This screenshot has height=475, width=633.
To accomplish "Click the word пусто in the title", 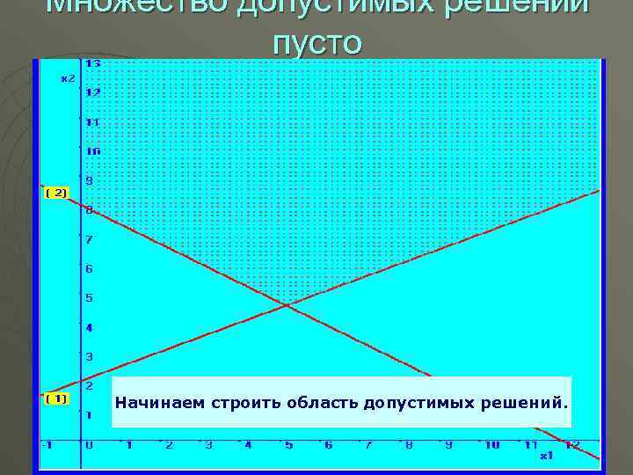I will click(316, 41).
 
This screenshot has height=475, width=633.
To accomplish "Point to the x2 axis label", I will click(67, 78).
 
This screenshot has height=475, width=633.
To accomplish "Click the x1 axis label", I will click(546, 456).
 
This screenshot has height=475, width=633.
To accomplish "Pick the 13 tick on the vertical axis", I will click(92, 63).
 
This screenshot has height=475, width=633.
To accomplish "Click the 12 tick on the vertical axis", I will click(92, 92).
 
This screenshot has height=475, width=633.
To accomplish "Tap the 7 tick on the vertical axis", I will click(89, 239).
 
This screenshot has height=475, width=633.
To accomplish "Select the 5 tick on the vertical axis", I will click(89, 298).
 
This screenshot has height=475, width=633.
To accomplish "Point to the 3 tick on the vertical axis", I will click(89, 356).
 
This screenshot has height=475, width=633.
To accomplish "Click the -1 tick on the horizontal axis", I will click(48, 445).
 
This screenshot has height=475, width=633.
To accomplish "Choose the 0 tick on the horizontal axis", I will click(89, 445).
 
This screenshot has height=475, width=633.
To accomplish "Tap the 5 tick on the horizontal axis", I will click(287, 445).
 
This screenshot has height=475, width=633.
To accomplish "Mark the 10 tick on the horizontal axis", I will click(491, 445).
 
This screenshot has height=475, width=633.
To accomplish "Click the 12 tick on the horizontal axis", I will click(572, 445).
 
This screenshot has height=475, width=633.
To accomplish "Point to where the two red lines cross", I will click(286, 304).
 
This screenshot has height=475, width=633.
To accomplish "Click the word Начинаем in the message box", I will click(149, 403).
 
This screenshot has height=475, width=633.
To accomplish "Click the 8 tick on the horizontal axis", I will click(409, 445).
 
